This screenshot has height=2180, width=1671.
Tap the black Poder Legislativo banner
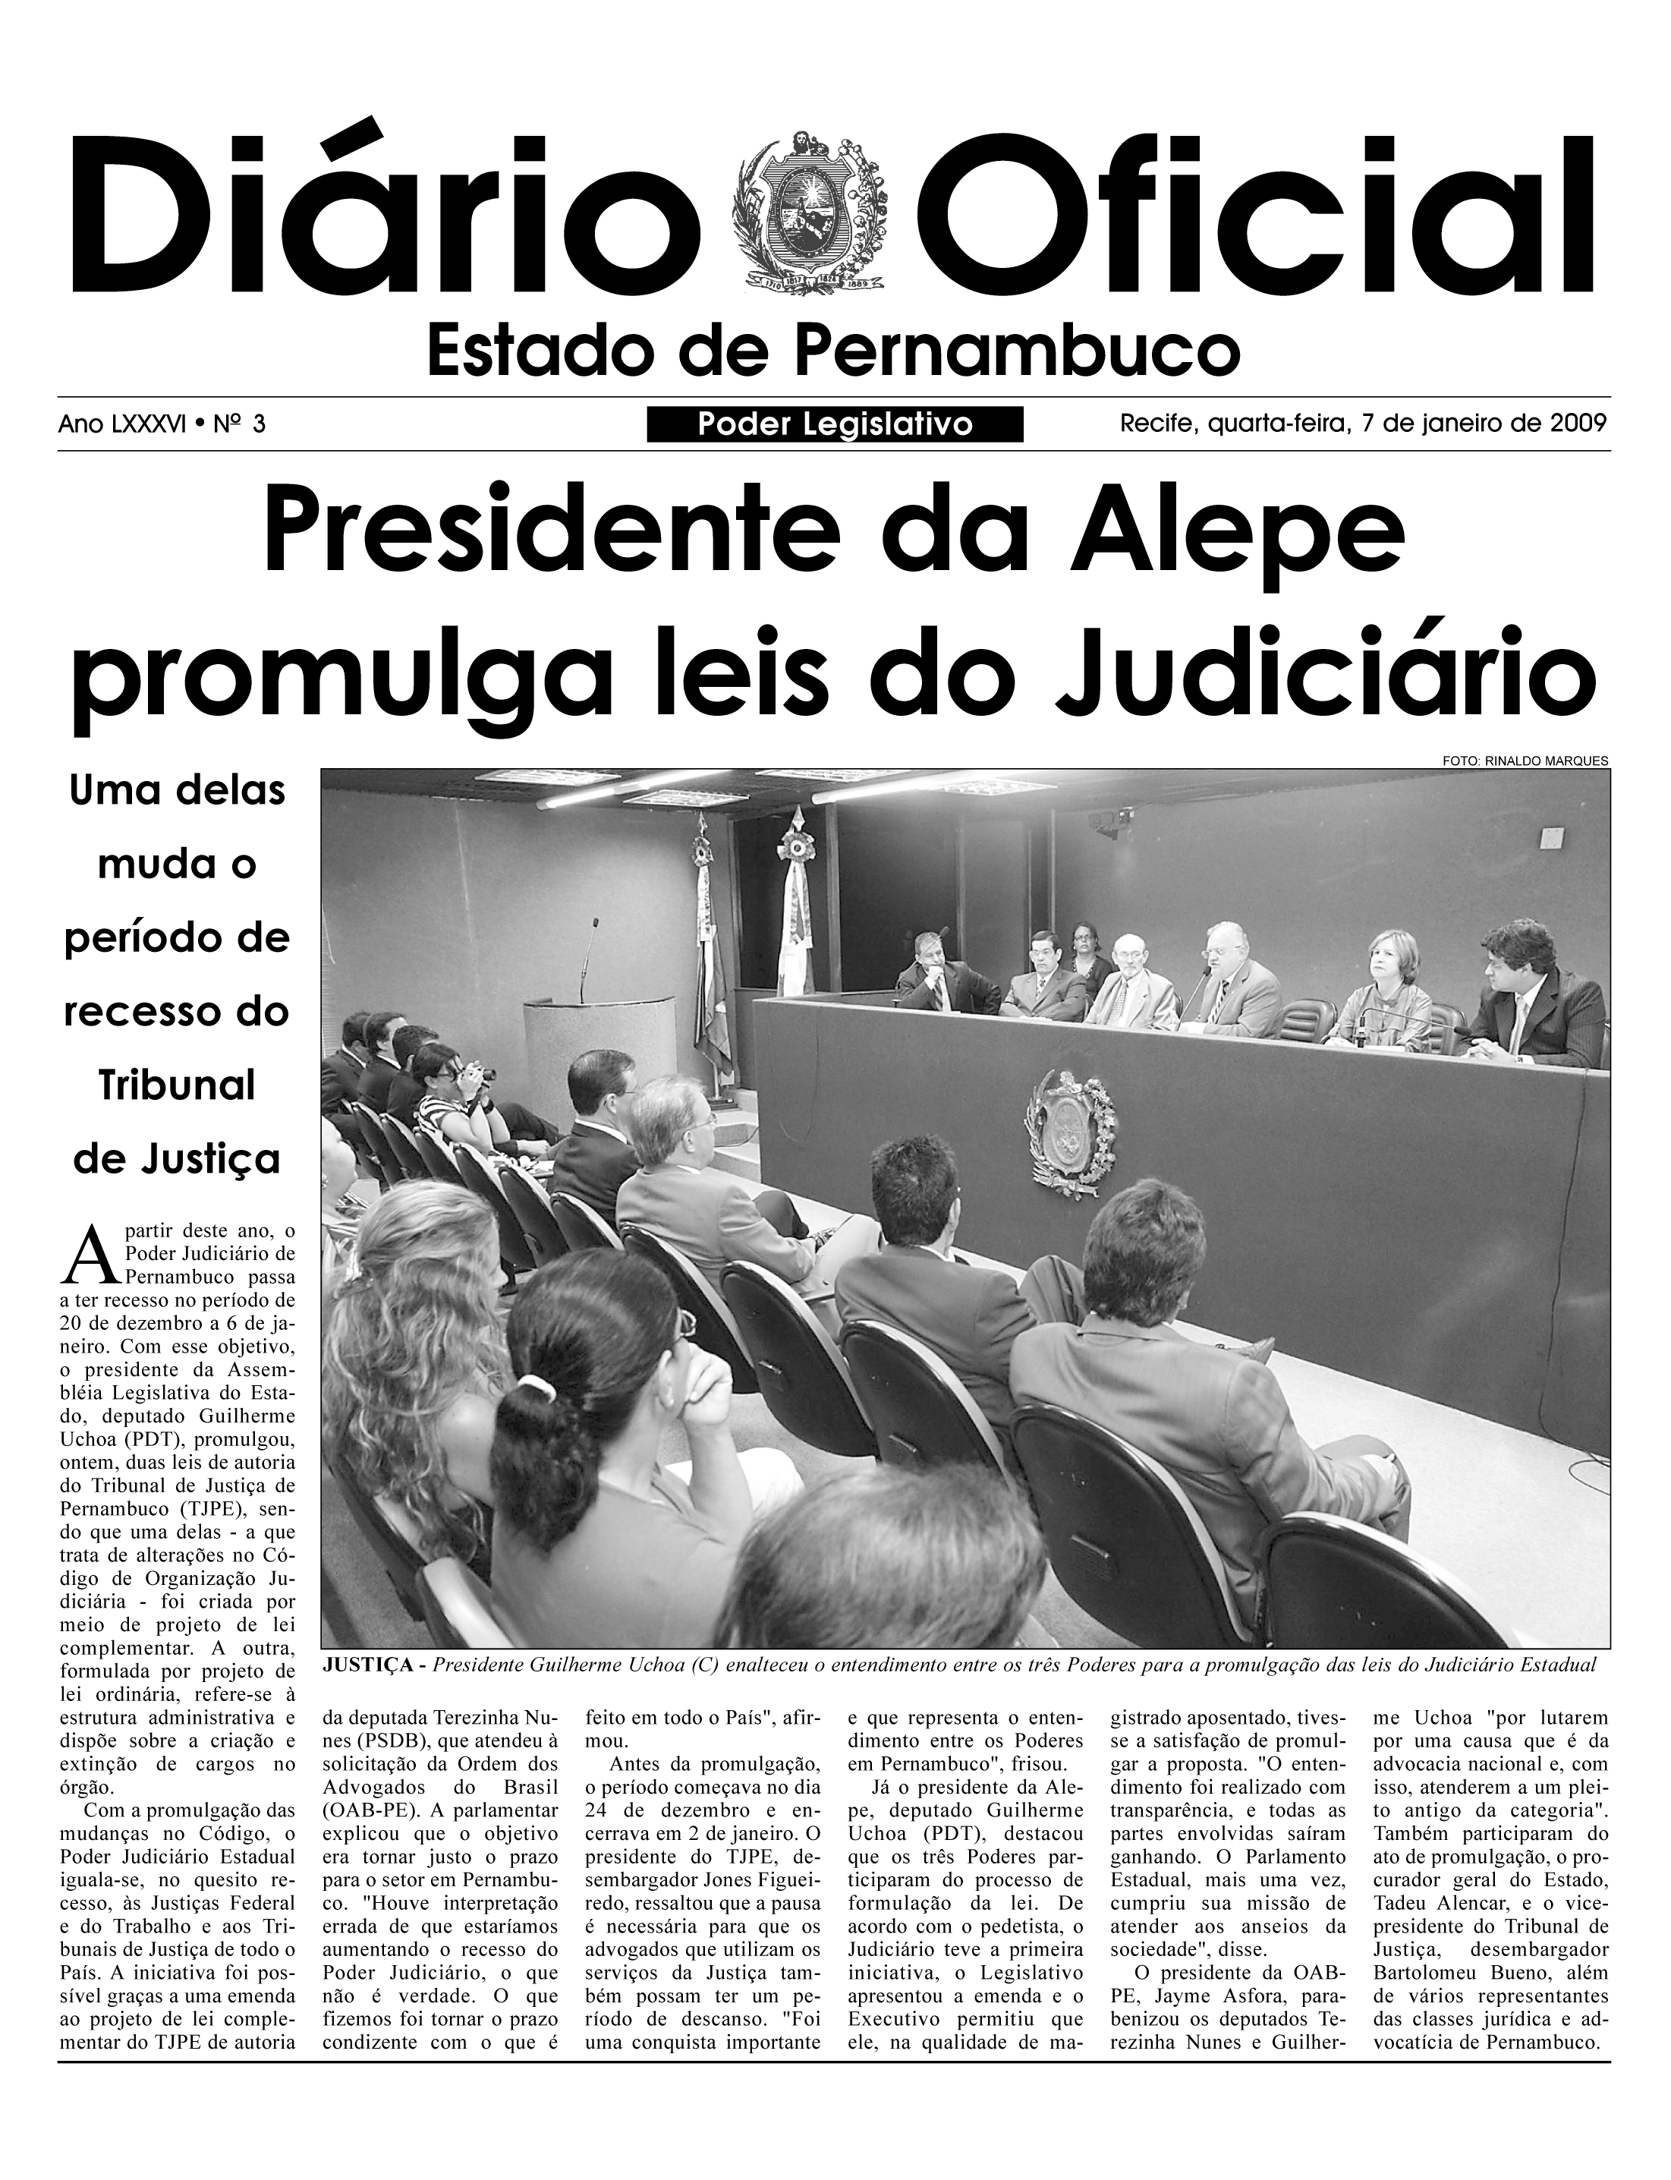point(835,425)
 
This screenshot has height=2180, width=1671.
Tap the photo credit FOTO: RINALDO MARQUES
point(1524,761)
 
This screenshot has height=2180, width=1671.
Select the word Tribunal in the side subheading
point(177,1085)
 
